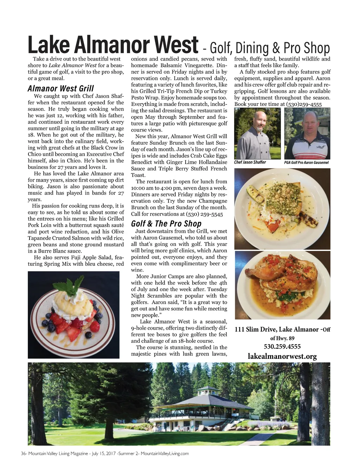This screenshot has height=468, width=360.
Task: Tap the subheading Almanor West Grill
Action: pyautogui.click(x=60, y=88)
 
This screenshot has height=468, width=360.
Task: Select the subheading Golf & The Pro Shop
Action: pyautogui.click(x=166, y=224)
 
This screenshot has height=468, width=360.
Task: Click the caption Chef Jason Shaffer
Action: pyautogui.click(x=250, y=162)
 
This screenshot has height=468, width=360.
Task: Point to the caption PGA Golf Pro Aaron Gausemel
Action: pyautogui.click(x=306, y=163)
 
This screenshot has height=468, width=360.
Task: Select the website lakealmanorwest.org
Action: pyautogui.click(x=282, y=356)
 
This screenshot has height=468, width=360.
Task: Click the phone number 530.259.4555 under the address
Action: pyautogui.click(x=282, y=347)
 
